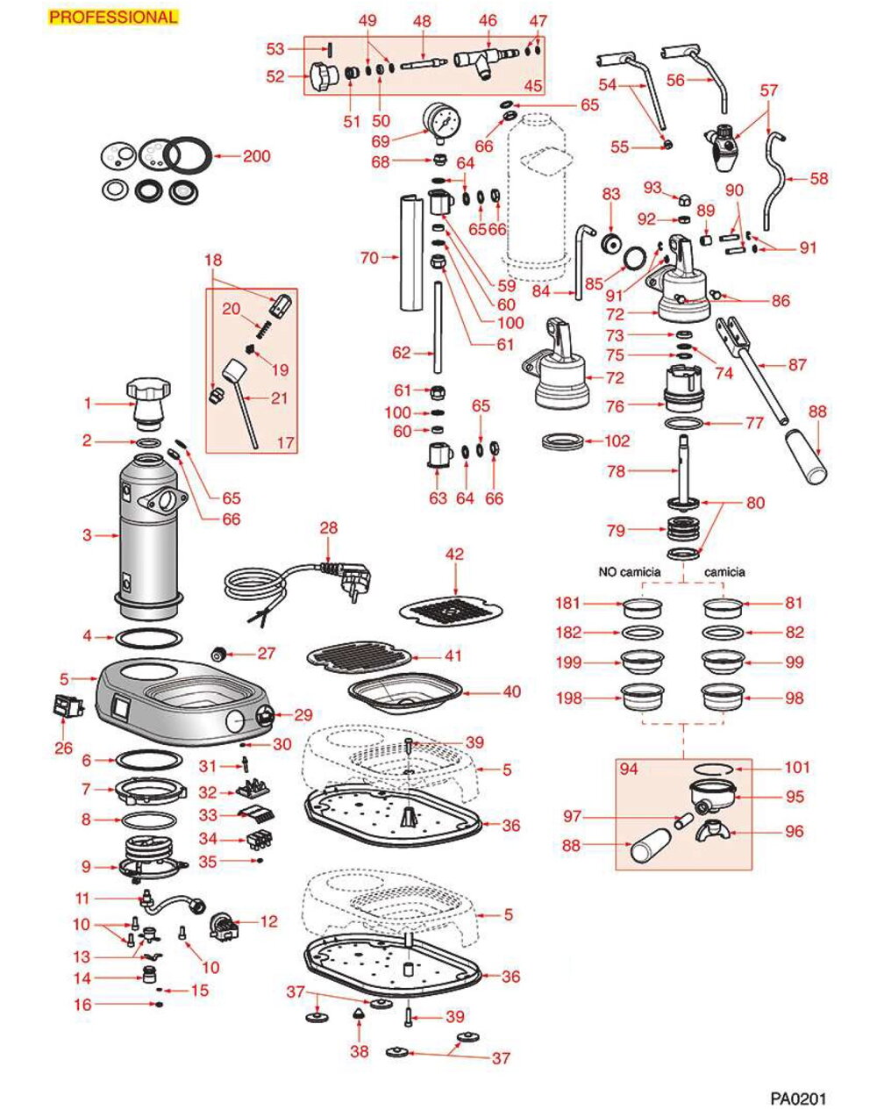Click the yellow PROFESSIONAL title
tap(113, 17)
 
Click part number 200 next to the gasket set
tap(257, 157)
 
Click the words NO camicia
tap(634, 571)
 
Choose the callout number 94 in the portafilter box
tap(629, 770)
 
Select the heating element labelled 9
tap(150, 856)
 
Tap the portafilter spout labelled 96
tap(714, 831)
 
